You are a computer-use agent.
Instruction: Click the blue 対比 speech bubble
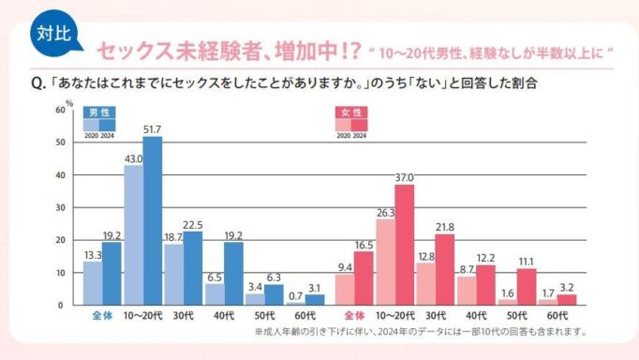click(55, 34)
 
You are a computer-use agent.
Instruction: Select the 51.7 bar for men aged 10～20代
click(153, 220)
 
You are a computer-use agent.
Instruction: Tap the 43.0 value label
click(134, 159)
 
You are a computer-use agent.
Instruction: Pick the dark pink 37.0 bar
click(404, 245)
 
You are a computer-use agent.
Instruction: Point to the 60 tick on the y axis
click(60, 110)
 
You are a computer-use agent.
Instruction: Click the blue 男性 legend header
click(99, 112)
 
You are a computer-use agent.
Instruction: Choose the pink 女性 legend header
click(351, 112)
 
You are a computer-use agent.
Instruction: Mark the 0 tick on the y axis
click(61, 306)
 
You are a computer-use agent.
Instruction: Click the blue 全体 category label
click(102, 316)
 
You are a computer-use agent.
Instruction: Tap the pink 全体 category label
click(354, 316)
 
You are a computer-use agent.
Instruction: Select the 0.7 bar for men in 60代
click(295, 304)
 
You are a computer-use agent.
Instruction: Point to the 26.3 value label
click(385, 213)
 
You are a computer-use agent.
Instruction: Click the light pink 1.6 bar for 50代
click(508, 303)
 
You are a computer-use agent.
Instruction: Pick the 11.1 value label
click(527, 262)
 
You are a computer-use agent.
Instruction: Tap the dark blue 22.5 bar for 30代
click(193, 268)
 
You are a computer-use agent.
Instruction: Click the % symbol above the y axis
click(69, 103)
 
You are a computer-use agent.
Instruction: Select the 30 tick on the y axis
click(60, 207)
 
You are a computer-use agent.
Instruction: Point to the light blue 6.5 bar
click(215, 294)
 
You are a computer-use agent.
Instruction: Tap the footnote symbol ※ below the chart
click(259, 332)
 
